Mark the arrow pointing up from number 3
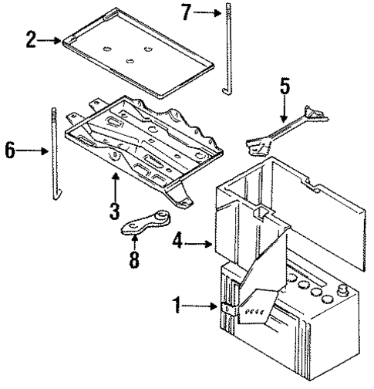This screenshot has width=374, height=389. (116, 185)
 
